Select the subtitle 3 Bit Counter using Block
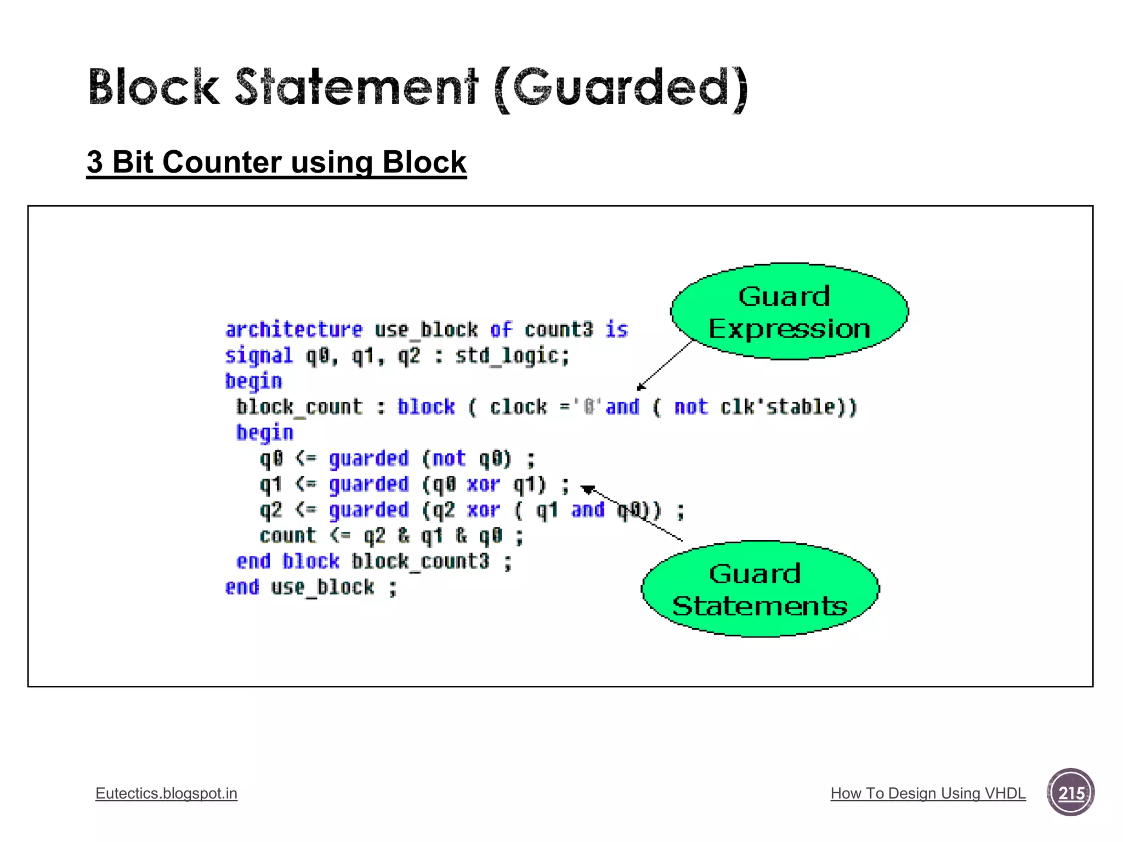[x=276, y=163]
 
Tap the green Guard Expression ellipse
[x=789, y=311]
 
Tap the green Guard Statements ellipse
[x=760, y=589]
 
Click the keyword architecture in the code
[x=294, y=330]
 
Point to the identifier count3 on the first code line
[x=558, y=330]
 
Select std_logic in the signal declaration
[x=512, y=356]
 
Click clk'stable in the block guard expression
[x=784, y=407]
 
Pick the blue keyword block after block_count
[x=426, y=407]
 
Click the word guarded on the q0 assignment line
[x=368, y=459]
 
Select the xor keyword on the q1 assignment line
[x=483, y=485]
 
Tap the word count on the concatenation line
[x=287, y=536]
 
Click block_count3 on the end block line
[x=420, y=561]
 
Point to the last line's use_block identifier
[x=322, y=588]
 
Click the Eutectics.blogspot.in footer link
[x=166, y=793]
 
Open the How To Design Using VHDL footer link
[x=928, y=793]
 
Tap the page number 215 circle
[x=1070, y=793]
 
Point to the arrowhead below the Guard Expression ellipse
[x=640, y=387]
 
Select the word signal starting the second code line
[x=259, y=356]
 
